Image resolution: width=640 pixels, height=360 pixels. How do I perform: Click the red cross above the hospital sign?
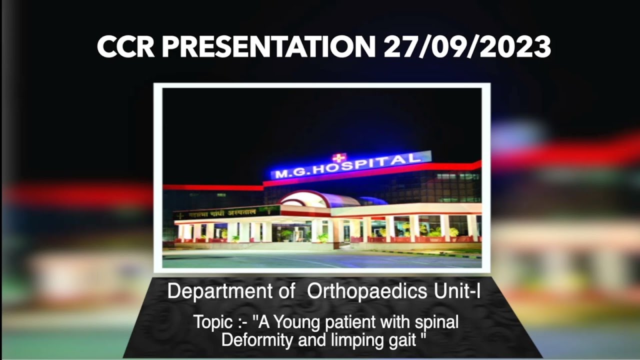tap(338, 158)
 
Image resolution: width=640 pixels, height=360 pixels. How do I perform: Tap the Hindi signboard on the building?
tap(226, 213)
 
